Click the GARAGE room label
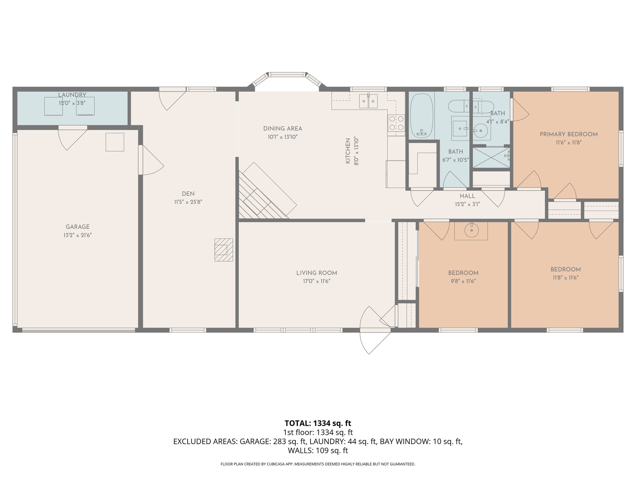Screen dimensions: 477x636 coord(78,227)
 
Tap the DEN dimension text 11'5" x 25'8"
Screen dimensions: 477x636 coord(188,202)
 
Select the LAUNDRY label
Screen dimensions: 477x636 coord(72,95)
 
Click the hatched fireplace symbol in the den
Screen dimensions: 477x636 coord(224,250)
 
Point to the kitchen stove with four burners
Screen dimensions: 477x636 coord(396,123)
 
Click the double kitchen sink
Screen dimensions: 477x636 coord(368,101)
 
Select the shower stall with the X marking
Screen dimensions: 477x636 coord(491,157)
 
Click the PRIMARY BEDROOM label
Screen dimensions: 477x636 coord(569,134)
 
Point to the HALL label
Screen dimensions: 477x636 coord(467,196)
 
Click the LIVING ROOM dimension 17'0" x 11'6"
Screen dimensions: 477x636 coord(316,281)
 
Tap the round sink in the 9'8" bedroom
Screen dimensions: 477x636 coord(471,230)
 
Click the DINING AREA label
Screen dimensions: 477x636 coord(283,129)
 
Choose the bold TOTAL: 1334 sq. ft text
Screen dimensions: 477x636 coord(318,423)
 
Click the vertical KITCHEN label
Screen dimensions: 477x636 coord(348,151)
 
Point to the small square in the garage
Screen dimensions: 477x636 coord(115,142)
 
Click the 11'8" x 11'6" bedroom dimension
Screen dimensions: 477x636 coord(566,278)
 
